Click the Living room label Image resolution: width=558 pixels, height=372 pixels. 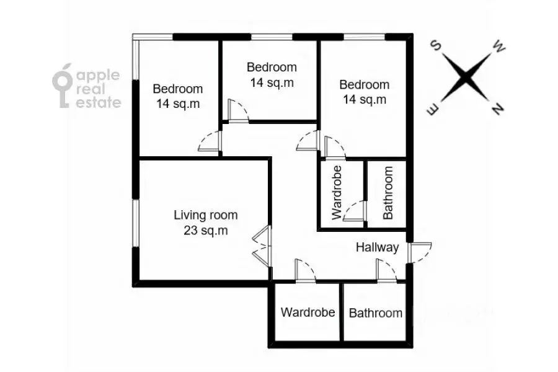coord(206,215)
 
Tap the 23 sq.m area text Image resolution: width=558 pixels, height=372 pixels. coord(206,231)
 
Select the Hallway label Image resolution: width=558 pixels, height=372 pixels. coord(377,247)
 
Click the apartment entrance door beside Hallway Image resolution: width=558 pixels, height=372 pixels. coord(419,253)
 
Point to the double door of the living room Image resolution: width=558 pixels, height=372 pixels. coord(262,246)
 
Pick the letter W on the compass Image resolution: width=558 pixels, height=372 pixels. coord(498,47)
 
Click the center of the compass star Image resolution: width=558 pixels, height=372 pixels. coord(466,77)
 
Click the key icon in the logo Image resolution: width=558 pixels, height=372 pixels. coord(63,86)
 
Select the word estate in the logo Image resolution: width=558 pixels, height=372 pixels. coord(99,102)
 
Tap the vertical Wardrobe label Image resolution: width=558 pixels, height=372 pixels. coord(337,193)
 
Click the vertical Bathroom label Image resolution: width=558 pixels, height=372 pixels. coord(388,193)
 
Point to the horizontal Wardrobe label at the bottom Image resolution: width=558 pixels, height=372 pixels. coord(308,312)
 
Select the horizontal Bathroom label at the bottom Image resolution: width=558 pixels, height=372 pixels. coord(376,313)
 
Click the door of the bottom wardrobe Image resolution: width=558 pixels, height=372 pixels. coord(305,272)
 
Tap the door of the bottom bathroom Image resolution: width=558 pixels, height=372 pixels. coord(386,272)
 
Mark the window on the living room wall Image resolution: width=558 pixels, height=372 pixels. coord(136,223)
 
